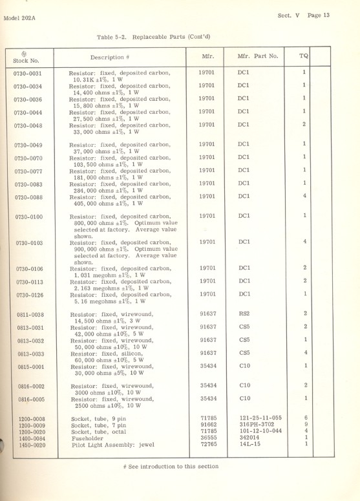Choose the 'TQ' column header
[303, 56]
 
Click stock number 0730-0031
[27, 73]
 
